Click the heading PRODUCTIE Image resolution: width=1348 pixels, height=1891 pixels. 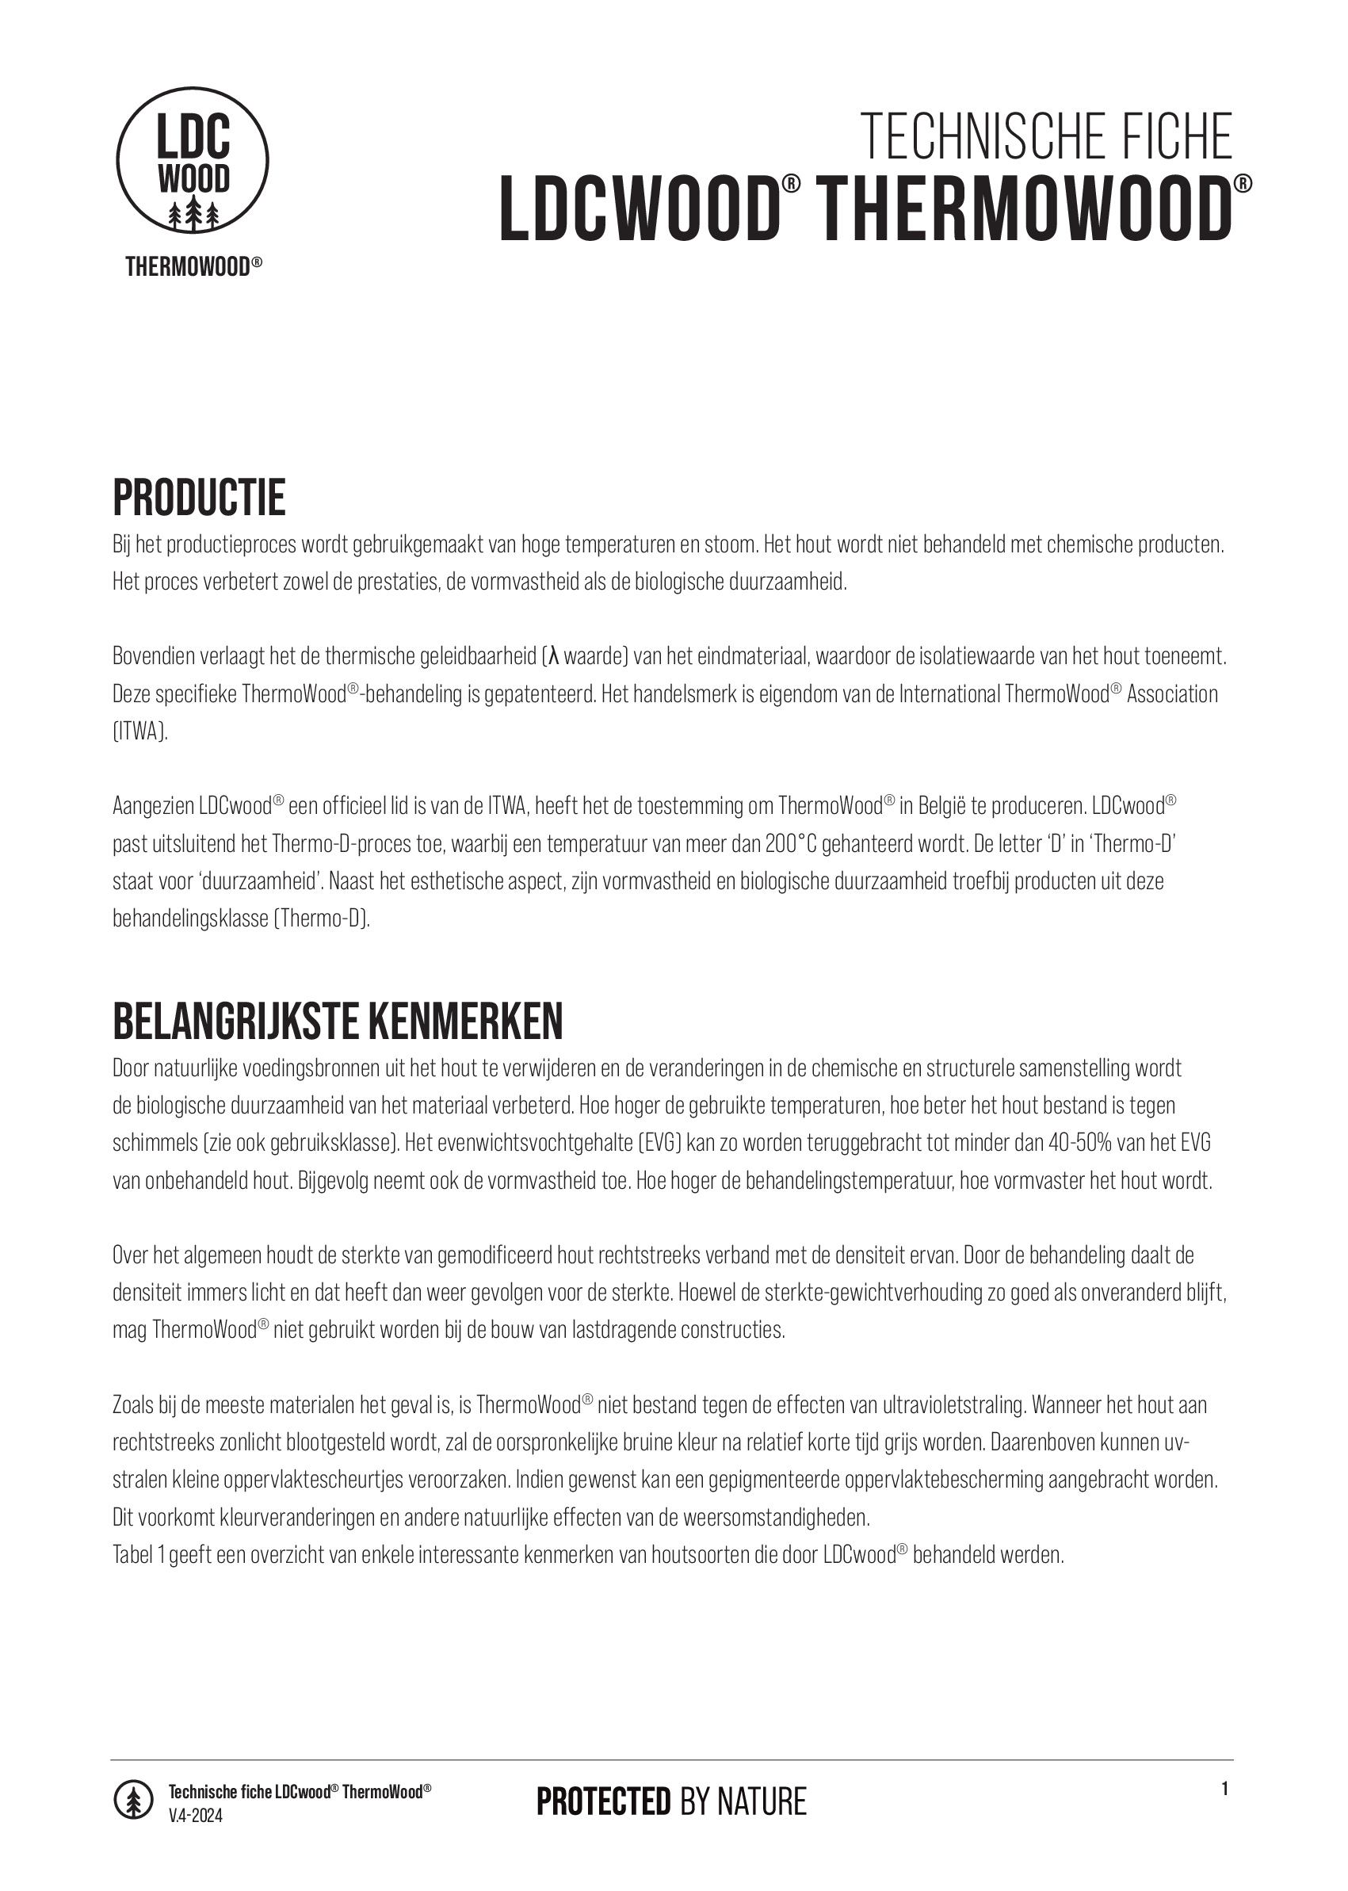pyautogui.click(x=199, y=498)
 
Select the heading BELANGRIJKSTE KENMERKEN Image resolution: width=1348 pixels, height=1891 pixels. pyautogui.click(x=338, y=1022)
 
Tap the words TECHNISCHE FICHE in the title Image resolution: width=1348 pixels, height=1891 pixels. pyautogui.click(x=1046, y=137)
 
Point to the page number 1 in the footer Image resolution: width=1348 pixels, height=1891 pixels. pyautogui.click(x=1224, y=1789)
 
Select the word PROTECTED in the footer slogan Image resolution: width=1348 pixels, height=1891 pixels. pyautogui.click(x=603, y=1802)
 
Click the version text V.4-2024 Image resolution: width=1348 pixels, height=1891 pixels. pyautogui.click(x=196, y=1816)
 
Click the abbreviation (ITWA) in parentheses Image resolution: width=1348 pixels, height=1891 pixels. pyautogui.click(x=140, y=732)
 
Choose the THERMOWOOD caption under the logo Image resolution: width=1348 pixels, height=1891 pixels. pyautogui.click(x=193, y=266)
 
